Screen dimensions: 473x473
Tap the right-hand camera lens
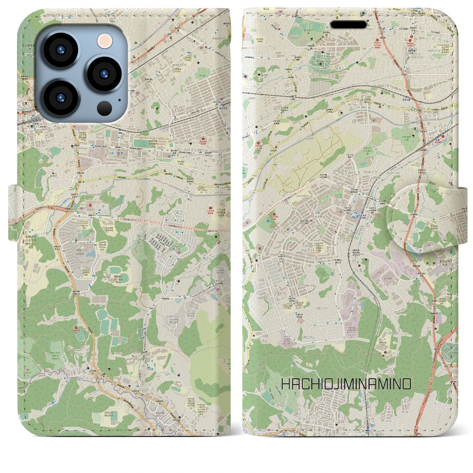tap(104, 73)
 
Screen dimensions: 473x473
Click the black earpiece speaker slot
tap(348, 24)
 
